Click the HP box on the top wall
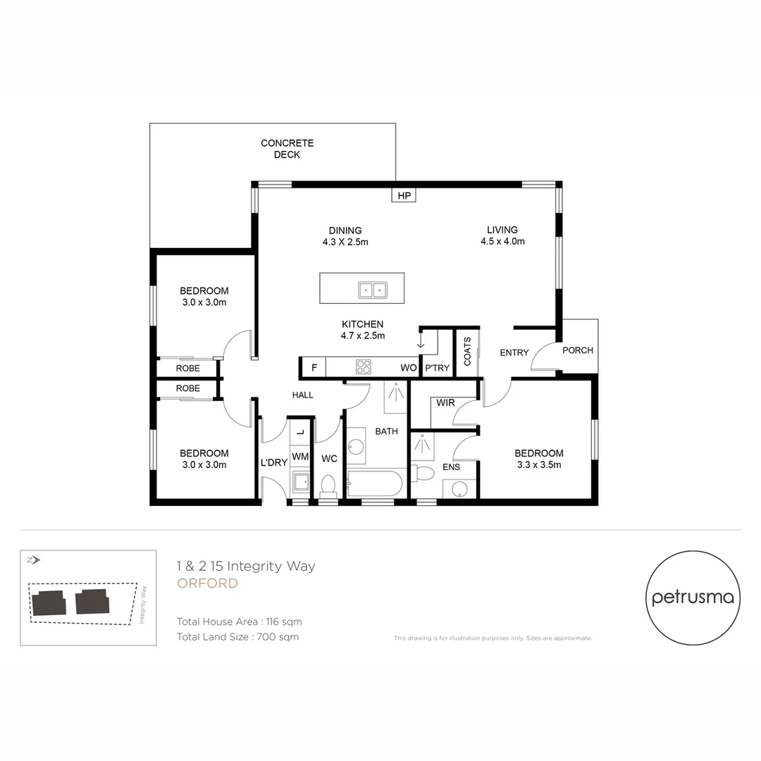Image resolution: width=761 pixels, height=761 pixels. click(x=404, y=195)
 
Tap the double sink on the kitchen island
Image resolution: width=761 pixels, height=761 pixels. click(x=373, y=290)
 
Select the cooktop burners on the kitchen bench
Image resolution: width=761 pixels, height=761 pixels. click(x=364, y=366)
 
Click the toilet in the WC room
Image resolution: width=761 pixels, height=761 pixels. click(x=328, y=485)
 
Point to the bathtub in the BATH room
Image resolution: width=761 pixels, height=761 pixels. click(x=375, y=483)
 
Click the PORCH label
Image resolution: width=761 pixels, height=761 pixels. click(x=578, y=350)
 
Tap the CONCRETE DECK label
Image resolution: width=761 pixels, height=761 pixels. click(x=287, y=149)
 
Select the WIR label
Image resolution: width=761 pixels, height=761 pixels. click(x=445, y=402)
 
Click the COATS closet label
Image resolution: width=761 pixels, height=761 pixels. click(x=467, y=351)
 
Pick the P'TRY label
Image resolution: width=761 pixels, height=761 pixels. click(x=438, y=368)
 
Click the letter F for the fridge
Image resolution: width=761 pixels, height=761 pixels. click(x=314, y=367)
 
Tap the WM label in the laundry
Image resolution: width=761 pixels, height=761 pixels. click(x=300, y=456)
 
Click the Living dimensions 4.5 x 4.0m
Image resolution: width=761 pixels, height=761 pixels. click(x=503, y=241)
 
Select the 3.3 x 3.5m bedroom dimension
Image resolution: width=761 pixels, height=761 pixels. click(x=539, y=464)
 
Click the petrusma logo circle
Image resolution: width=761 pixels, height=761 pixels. click(x=693, y=598)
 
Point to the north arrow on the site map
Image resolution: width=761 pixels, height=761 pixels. click(x=34, y=560)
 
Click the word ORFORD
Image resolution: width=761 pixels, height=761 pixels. click(x=207, y=583)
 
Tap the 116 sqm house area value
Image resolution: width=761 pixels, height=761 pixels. click(x=284, y=621)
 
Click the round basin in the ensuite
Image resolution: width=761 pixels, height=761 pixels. click(x=459, y=489)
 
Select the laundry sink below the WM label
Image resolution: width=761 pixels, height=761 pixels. click(x=301, y=482)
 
